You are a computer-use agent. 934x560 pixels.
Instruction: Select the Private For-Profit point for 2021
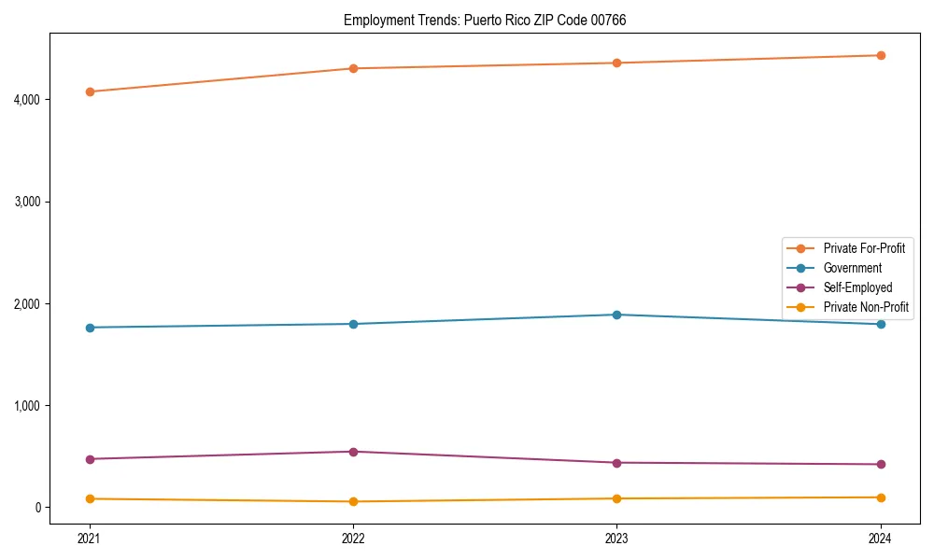(90, 91)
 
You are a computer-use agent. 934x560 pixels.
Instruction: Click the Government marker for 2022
(353, 324)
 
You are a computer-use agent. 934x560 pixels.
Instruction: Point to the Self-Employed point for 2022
(353, 452)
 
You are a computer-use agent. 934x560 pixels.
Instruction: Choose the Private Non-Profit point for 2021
(90, 498)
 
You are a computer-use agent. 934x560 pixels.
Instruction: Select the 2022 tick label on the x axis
(353, 538)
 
